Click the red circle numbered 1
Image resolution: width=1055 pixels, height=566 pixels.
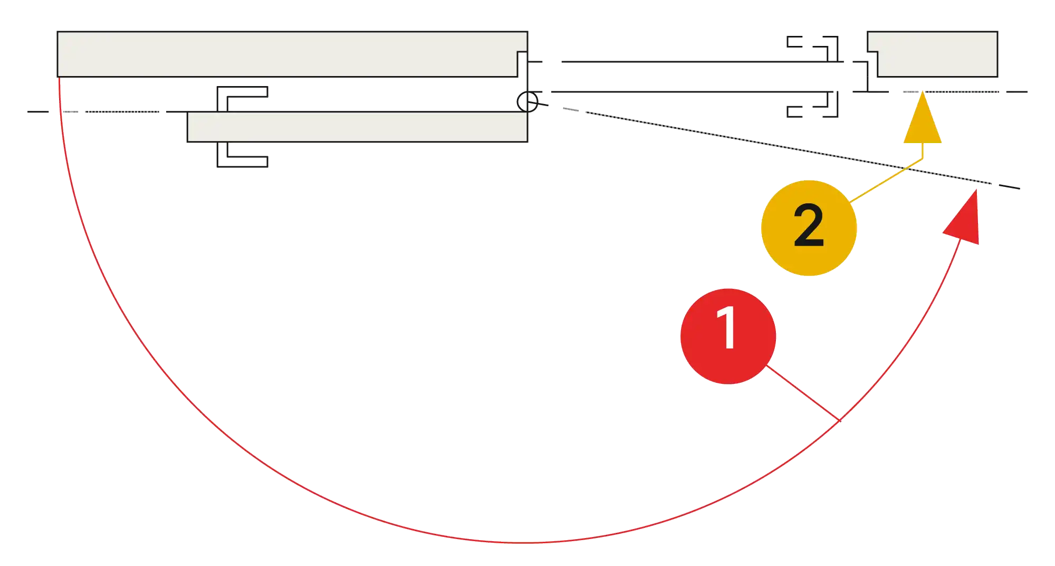coord(728,336)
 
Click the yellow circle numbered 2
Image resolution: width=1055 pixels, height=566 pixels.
coord(809,228)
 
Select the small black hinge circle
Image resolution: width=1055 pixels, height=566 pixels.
coord(527,102)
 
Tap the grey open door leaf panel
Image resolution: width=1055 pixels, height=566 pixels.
coord(357,127)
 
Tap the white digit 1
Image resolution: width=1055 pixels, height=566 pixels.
coord(727,328)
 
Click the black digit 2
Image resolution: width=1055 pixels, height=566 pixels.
coord(809,225)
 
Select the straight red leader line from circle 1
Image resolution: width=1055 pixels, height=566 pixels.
coord(803,393)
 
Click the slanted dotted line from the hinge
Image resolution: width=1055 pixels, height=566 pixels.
coord(774,145)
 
